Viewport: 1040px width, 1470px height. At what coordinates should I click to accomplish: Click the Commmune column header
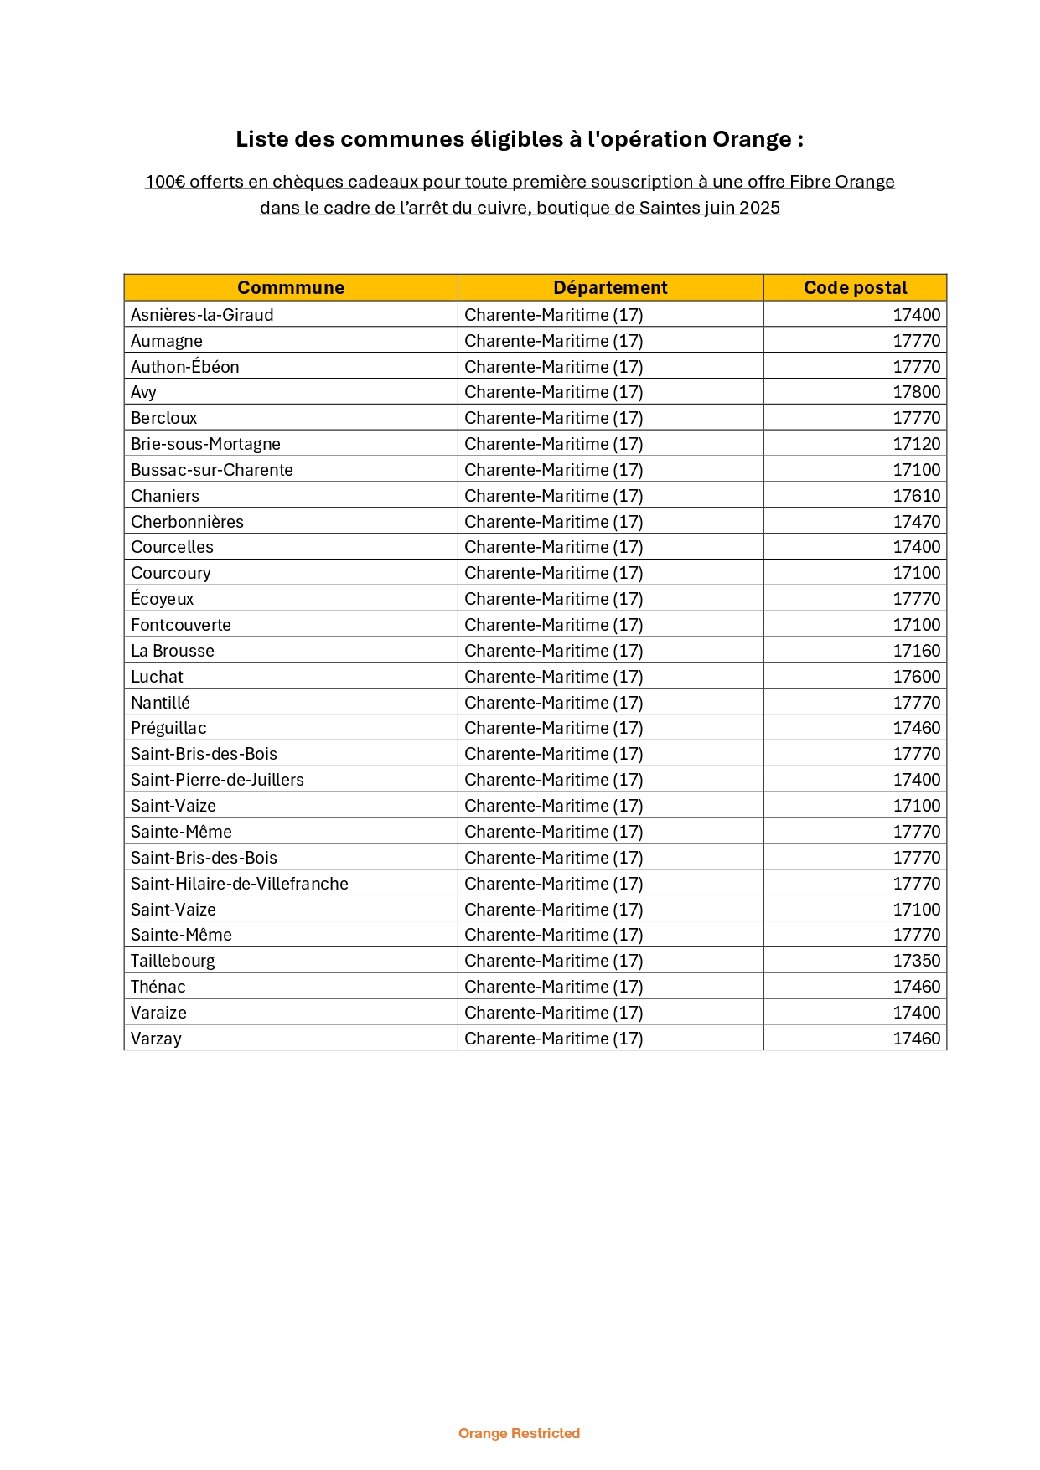click(x=291, y=287)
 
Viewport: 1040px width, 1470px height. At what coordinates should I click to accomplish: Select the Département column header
click(x=610, y=287)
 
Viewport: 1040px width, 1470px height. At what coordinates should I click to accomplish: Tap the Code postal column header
click(x=855, y=287)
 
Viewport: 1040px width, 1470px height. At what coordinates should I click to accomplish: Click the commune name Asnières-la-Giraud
click(x=202, y=315)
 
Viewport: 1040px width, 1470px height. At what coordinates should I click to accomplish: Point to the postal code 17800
click(x=916, y=392)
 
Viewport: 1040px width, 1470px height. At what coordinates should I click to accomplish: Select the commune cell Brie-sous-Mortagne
click(x=205, y=444)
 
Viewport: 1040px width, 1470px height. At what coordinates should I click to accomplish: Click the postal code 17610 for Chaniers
click(x=916, y=496)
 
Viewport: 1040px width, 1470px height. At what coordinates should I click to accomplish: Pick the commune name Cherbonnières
click(x=187, y=522)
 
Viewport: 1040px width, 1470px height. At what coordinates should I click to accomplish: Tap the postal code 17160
click(x=916, y=651)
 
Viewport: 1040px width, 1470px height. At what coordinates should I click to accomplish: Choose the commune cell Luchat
click(x=157, y=677)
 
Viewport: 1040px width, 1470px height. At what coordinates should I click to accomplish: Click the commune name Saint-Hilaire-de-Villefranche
click(x=239, y=884)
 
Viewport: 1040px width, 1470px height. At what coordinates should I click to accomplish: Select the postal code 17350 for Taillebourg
click(x=916, y=961)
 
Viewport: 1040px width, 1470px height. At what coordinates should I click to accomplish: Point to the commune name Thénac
click(x=158, y=987)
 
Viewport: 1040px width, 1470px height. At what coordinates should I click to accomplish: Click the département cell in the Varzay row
click(x=553, y=1039)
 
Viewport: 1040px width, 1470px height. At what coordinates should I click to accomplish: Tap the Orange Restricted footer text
click(x=519, y=1433)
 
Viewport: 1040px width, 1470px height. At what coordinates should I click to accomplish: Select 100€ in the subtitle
click(x=165, y=182)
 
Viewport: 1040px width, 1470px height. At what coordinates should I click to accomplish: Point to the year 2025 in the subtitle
click(x=759, y=208)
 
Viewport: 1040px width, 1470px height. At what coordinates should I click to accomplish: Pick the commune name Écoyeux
click(x=162, y=599)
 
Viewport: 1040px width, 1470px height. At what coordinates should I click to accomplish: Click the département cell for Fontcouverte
click(x=553, y=625)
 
